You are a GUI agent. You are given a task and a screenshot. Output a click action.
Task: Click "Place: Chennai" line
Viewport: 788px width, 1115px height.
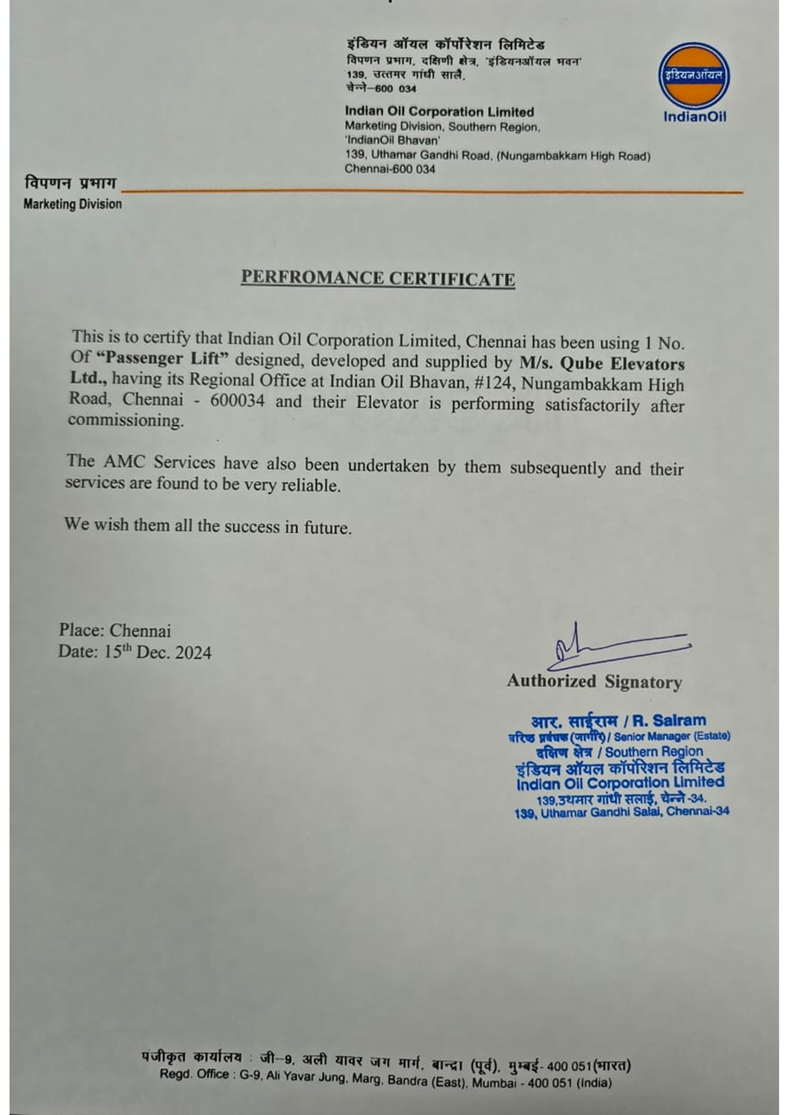(115, 630)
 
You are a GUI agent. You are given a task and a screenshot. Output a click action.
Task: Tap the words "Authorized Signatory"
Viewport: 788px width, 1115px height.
(594, 681)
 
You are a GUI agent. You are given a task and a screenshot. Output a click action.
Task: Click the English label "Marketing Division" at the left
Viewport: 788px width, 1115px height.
(72, 204)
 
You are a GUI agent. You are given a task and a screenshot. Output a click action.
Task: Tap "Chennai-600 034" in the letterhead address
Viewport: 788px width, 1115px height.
(389, 169)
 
